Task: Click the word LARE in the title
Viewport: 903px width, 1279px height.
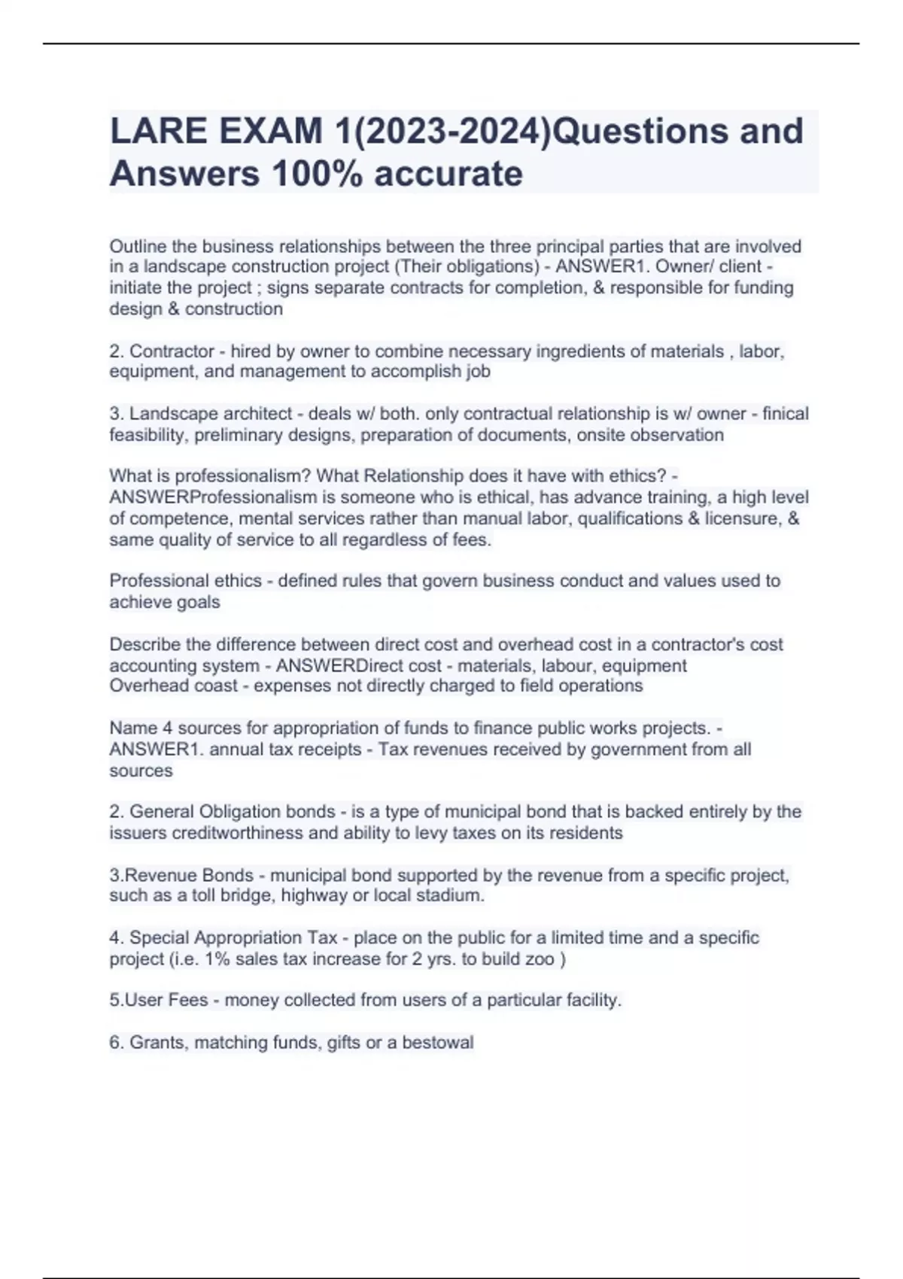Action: click(x=159, y=131)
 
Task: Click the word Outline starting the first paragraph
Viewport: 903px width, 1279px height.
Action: click(x=138, y=246)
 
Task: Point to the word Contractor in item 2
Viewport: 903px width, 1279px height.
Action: click(x=172, y=351)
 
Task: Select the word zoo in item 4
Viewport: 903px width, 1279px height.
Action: click(x=540, y=958)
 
